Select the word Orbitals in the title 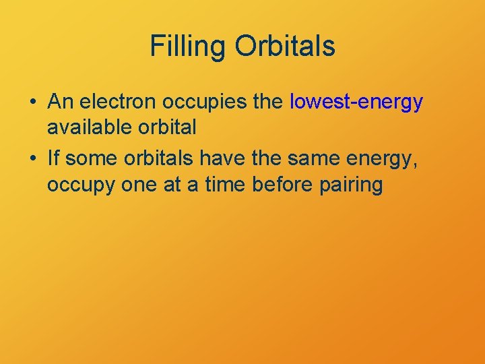[284, 47]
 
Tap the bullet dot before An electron [33, 102]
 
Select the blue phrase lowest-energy [356, 102]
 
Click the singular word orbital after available [165, 127]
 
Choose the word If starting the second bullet [54, 158]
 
